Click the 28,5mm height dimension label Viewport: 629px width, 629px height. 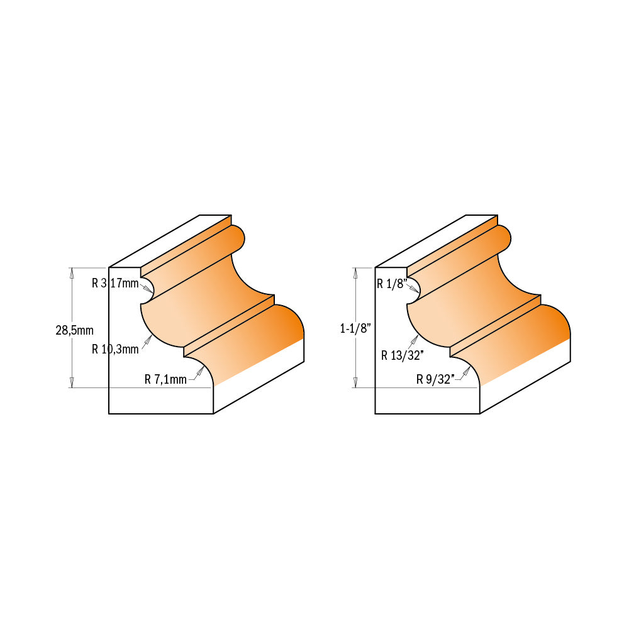[x=74, y=330]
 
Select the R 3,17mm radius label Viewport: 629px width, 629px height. [x=114, y=283]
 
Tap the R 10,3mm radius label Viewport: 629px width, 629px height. [x=114, y=349]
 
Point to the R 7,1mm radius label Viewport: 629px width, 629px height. [x=165, y=379]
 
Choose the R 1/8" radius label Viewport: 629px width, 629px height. [x=392, y=284]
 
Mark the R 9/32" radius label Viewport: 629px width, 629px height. [x=435, y=379]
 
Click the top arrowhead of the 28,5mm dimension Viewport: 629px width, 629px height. [x=72, y=272]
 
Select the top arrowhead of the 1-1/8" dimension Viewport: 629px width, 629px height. [x=355, y=272]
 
